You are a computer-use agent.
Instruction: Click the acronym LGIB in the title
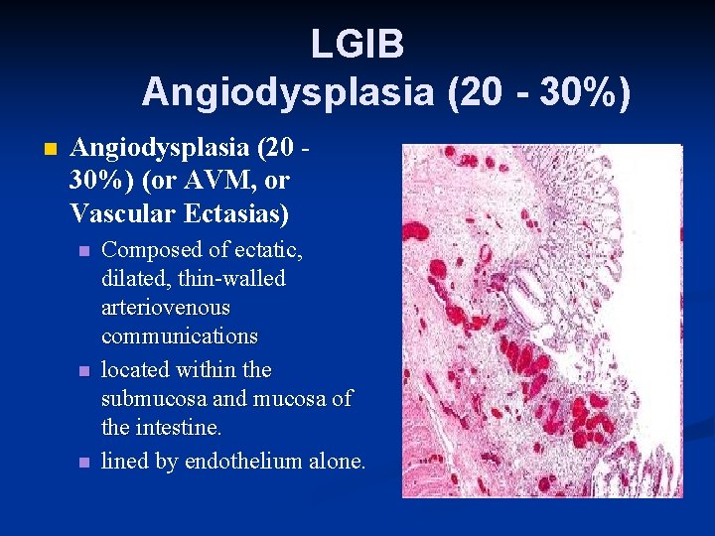[x=357, y=44]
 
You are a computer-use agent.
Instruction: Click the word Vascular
[x=117, y=211]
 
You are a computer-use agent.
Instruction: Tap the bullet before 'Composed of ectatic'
[x=85, y=250]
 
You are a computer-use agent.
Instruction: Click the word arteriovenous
[x=165, y=308]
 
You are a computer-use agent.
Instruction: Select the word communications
[x=179, y=336]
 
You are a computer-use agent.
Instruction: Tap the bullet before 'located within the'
[x=85, y=371]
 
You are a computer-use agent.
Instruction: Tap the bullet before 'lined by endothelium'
[x=85, y=462]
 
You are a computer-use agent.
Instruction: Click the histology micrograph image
[x=541, y=320]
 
